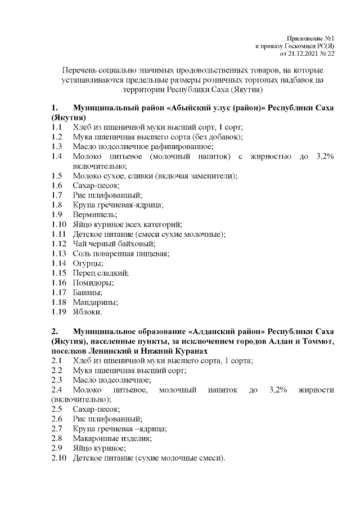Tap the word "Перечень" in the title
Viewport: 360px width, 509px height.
(x=83, y=71)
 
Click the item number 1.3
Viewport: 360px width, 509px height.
(x=56, y=146)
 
